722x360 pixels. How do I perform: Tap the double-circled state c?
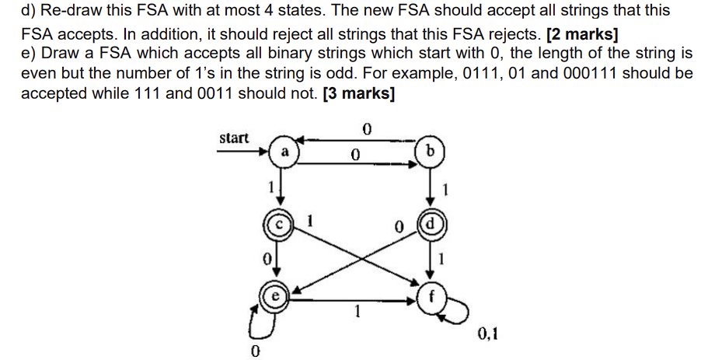(x=281, y=222)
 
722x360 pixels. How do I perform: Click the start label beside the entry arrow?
(x=234, y=138)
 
